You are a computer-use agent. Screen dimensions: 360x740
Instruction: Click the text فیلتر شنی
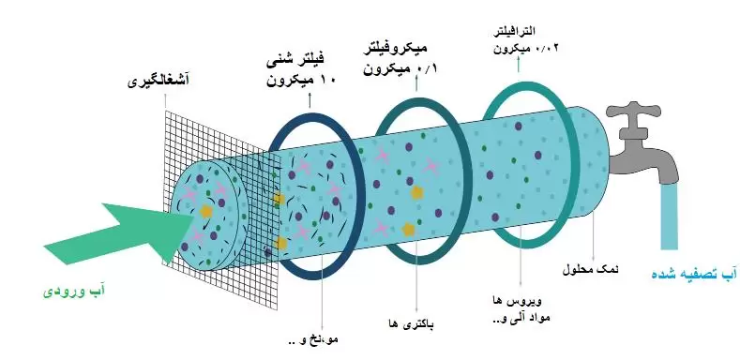click(299, 63)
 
